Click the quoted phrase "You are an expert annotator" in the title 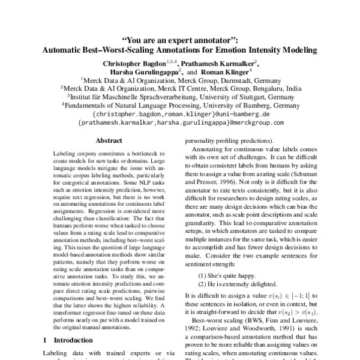coord(180,40)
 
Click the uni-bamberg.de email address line coord(180,113)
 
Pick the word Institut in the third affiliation coord(85,95)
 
